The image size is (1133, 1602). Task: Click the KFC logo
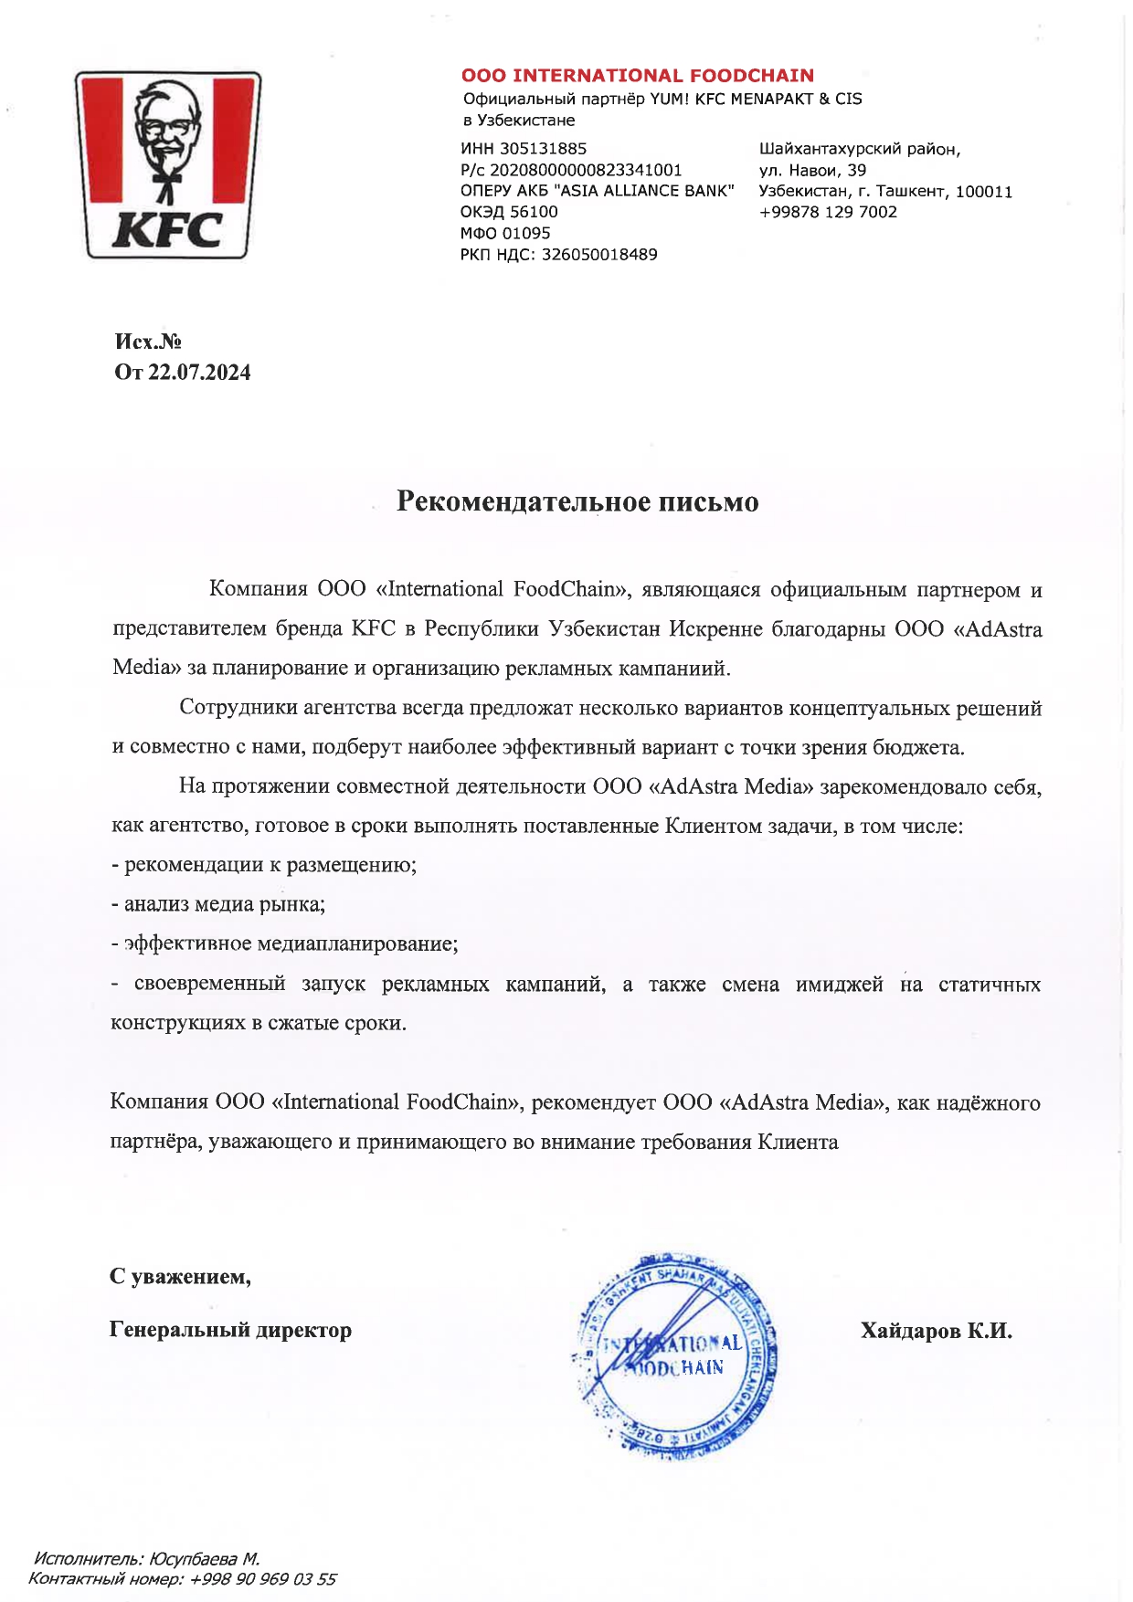[x=168, y=165]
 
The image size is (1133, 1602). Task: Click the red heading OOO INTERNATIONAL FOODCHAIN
[x=637, y=76]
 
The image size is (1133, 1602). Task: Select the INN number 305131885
[x=544, y=149]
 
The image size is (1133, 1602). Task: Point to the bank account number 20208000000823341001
[x=586, y=170]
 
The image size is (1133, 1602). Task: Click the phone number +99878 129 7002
[x=828, y=212]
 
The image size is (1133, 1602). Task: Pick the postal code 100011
[x=984, y=192]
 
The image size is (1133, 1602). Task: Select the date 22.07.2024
[x=199, y=373]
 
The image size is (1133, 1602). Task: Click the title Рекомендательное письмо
[x=577, y=502]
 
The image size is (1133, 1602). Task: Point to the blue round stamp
[x=676, y=1356]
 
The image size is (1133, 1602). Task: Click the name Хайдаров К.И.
[x=936, y=1331]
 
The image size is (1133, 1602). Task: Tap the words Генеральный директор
[x=230, y=1330]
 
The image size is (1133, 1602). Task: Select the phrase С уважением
[x=180, y=1277]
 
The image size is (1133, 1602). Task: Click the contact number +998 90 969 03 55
[x=262, y=1579]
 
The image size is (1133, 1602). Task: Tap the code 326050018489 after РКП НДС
[x=599, y=255]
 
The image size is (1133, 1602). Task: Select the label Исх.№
[x=147, y=342]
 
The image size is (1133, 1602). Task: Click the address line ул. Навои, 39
[x=812, y=170]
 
